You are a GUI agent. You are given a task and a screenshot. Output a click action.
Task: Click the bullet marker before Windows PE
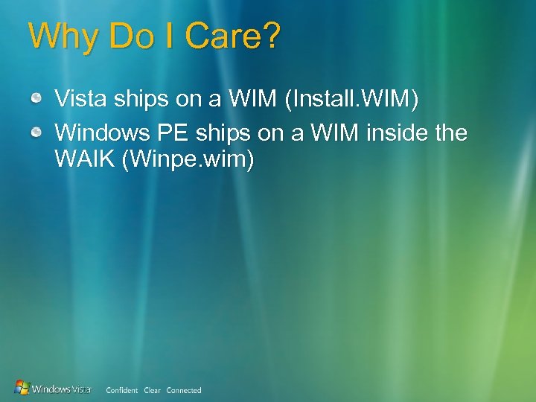click(36, 133)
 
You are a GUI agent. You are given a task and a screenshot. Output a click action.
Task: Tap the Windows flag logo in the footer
click(22, 388)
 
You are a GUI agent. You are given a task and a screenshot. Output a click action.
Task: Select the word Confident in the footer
click(122, 390)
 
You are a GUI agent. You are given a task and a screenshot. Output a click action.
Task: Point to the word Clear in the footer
click(152, 390)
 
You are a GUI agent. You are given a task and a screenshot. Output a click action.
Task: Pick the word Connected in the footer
click(184, 390)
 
